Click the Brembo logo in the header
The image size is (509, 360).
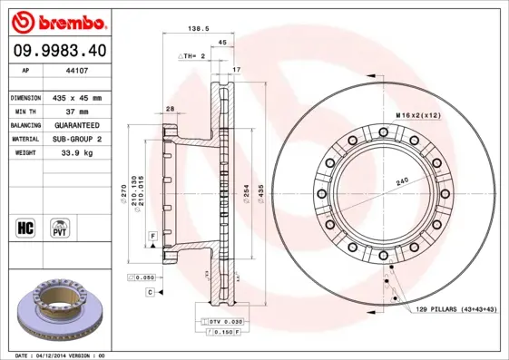tap(59, 22)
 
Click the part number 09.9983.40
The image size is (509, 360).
tap(60, 51)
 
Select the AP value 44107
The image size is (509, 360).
tap(77, 71)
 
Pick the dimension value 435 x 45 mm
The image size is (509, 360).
tap(77, 98)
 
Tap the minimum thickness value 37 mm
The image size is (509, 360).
tap(77, 112)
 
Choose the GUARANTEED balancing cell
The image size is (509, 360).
tap(77, 125)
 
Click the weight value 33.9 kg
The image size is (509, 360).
tap(77, 152)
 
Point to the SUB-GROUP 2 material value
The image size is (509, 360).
tap(77, 139)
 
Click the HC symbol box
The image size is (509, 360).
tap(25, 228)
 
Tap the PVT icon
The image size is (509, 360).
tap(60, 228)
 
